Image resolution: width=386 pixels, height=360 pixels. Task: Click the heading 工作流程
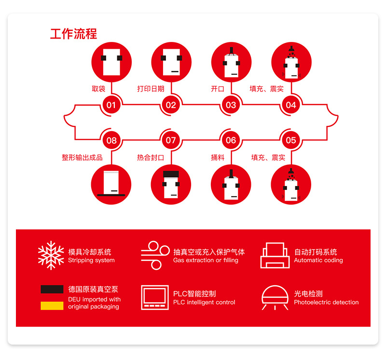tap(74, 34)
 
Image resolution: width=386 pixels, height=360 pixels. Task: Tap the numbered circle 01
tap(111, 105)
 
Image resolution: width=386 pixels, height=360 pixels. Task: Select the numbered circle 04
tap(291, 105)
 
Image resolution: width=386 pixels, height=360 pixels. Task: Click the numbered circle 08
tap(111, 140)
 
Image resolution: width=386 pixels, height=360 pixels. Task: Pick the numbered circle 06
tap(231, 140)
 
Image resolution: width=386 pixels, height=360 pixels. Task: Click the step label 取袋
tap(98, 89)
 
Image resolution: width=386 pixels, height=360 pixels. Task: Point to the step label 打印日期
tap(151, 89)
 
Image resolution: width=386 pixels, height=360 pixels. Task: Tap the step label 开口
tap(218, 89)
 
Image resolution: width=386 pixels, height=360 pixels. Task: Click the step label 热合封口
tap(151, 158)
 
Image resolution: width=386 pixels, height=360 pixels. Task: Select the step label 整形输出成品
tap(82, 158)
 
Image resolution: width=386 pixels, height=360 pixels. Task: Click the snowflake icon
tap(51, 255)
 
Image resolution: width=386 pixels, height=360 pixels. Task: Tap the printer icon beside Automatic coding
tap(275, 255)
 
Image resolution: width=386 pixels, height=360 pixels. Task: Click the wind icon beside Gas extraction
tap(155, 255)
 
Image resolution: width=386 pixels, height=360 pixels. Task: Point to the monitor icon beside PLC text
tap(155, 297)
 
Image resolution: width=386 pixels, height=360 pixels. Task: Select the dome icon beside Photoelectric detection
tap(275, 297)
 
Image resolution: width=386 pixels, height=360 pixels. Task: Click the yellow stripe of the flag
tap(52, 306)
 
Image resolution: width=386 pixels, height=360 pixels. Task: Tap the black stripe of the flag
tap(52, 289)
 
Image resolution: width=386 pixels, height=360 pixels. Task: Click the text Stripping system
tap(91, 260)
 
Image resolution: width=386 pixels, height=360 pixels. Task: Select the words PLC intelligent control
tap(204, 302)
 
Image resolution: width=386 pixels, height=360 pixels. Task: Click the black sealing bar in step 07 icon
tap(171, 174)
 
